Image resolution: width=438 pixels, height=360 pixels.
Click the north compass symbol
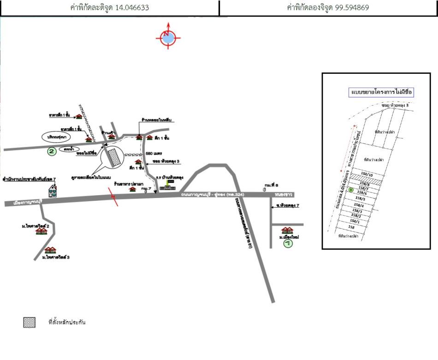point(168,37)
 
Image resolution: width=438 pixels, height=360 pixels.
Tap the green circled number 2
point(52,151)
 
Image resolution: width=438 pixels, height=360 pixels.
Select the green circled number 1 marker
point(288,243)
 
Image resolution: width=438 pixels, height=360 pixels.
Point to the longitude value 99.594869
point(350,8)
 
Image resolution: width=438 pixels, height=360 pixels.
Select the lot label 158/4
point(359,205)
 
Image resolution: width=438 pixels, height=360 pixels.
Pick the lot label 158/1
point(355,222)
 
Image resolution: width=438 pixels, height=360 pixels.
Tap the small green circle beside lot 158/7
point(351,190)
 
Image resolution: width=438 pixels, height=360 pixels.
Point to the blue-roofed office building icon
point(53,190)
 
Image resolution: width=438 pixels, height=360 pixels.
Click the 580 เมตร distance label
point(152,153)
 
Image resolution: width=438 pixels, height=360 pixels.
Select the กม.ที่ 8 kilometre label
point(272,184)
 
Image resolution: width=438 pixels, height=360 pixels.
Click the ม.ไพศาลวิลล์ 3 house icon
point(50,250)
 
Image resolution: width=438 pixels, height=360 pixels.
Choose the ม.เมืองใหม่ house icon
point(287,230)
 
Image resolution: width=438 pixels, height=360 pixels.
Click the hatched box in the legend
point(30,323)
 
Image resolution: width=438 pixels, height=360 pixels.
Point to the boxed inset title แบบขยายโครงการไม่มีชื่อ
point(381,92)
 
